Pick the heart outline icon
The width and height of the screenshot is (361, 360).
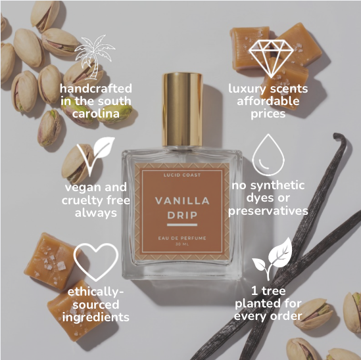click(x=95, y=259)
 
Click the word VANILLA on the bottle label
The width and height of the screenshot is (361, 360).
click(x=181, y=201)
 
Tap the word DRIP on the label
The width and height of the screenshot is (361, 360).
click(x=181, y=215)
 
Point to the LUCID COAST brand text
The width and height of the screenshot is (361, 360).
click(x=181, y=175)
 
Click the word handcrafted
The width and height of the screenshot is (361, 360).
click(x=96, y=89)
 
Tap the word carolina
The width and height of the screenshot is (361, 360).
click(x=96, y=114)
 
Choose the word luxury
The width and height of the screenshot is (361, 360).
click(x=246, y=89)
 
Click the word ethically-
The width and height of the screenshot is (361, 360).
click(x=95, y=292)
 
